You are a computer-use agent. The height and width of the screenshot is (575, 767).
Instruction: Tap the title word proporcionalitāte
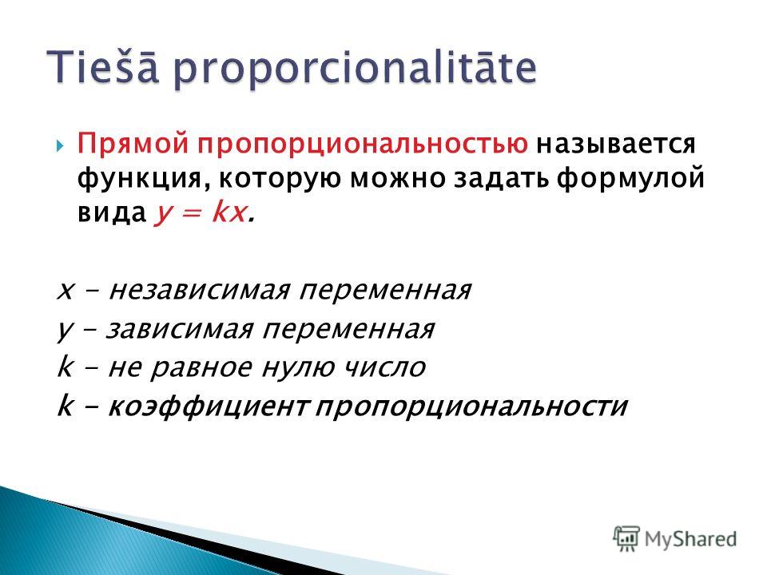point(355,69)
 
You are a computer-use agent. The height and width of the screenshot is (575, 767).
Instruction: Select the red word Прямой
point(133,144)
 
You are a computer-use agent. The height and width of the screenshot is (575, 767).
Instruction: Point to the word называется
point(616,145)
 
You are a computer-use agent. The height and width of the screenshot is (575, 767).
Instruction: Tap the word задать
point(503,178)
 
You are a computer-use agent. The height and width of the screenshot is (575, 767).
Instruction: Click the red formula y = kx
point(201,212)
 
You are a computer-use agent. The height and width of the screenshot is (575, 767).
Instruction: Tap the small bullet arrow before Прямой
point(59,145)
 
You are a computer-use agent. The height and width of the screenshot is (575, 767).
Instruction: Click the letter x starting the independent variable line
point(66,292)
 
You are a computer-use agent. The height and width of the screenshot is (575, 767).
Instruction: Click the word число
point(383,367)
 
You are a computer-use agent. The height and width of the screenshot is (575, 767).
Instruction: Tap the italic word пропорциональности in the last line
point(471,406)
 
